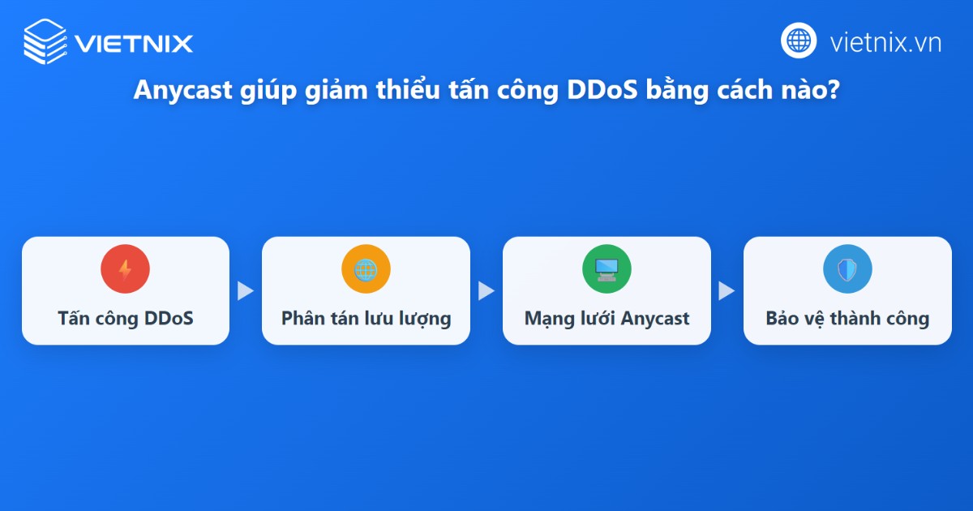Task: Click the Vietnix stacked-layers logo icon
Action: [x=45, y=41]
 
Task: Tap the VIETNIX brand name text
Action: [x=134, y=42]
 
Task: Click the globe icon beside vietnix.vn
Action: [x=799, y=41]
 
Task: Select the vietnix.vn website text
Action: [x=885, y=42]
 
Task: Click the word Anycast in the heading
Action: [x=183, y=92]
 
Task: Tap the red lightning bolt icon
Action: [x=125, y=269]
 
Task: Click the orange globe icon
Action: [x=366, y=269]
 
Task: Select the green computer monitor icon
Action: [x=607, y=269]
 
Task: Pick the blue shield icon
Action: [x=847, y=269]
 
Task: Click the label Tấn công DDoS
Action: [x=126, y=318]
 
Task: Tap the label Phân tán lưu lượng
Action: [x=366, y=318]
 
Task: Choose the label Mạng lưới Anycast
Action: [x=607, y=318]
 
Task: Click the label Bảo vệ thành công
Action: [x=847, y=318]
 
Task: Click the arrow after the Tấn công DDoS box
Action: [x=245, y=291]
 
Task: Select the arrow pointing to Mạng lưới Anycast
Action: [x=486, y=291]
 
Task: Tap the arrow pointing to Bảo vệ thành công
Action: [x=727, y=291]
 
